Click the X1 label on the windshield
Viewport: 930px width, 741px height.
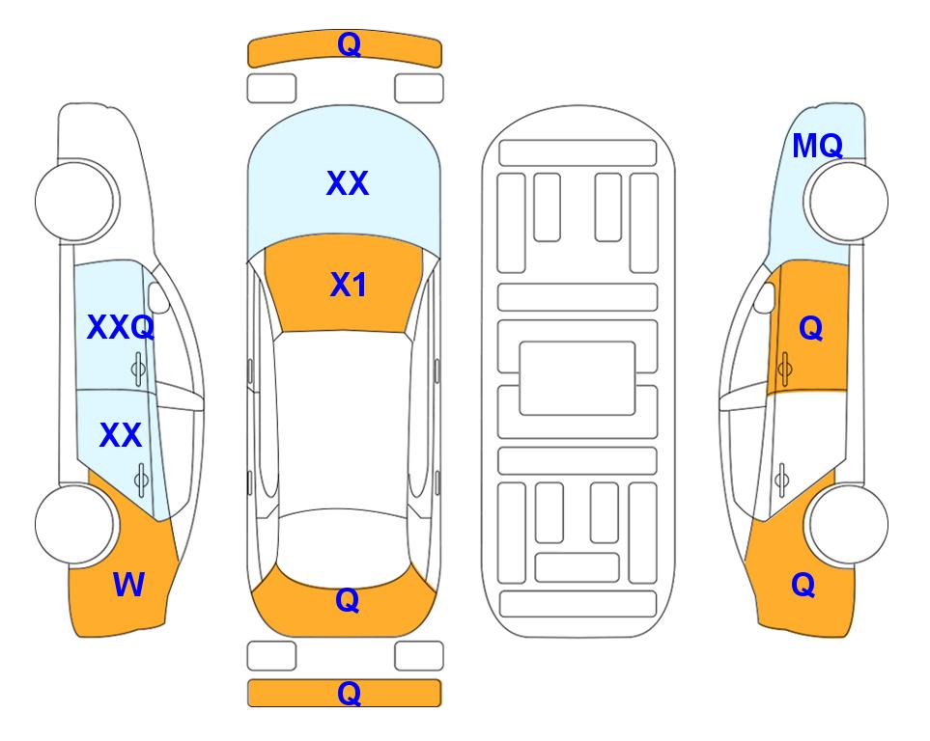point(349,285)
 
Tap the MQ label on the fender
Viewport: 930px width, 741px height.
point(817,146)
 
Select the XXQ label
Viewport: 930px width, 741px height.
point(121,327)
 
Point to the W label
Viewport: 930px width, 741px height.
point(128,585)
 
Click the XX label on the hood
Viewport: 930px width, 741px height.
point(348,182)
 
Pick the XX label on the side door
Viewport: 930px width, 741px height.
point(121,435)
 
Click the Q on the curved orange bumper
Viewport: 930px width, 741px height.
point(349,43)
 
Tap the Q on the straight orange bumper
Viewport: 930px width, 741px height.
point(349,693)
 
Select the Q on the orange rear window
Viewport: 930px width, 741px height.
point(347,600)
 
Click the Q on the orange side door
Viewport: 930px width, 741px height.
point(811,328)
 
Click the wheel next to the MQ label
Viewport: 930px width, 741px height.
point(846,201)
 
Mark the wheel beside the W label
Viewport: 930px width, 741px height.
point(76,524)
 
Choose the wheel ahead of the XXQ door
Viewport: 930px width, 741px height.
point(76,201)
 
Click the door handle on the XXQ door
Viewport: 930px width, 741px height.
point(138,369)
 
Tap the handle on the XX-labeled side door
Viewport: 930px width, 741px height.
point(141,480)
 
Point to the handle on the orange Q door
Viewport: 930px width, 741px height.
point(784,369)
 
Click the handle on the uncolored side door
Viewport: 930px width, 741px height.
point(782,480)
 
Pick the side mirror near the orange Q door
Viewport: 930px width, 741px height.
point(765,297)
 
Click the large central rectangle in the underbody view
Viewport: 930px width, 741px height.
point(578,378)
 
